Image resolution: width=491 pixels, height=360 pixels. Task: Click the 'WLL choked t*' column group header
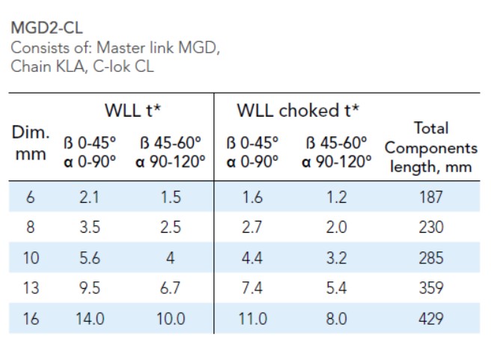click(x=298, y=112)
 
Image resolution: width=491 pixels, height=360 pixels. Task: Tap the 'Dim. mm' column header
click(x=31, y=146)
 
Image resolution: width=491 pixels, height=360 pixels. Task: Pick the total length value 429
click(x=431, y=318)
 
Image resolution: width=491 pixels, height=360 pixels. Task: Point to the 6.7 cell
click(x=170, y=288)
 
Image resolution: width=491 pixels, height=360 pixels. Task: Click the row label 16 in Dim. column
click(x=31, y=318)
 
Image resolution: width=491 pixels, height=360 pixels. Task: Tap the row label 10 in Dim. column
click(x=31, y=257)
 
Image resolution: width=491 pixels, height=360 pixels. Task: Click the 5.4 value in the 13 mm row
click(x=337, y=288)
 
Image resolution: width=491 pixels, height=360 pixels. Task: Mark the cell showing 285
click(x=431, y=257)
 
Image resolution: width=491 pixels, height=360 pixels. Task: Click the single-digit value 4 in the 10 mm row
click(x=170, y=257)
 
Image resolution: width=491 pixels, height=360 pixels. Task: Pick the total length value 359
click(x=431, y=288)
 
